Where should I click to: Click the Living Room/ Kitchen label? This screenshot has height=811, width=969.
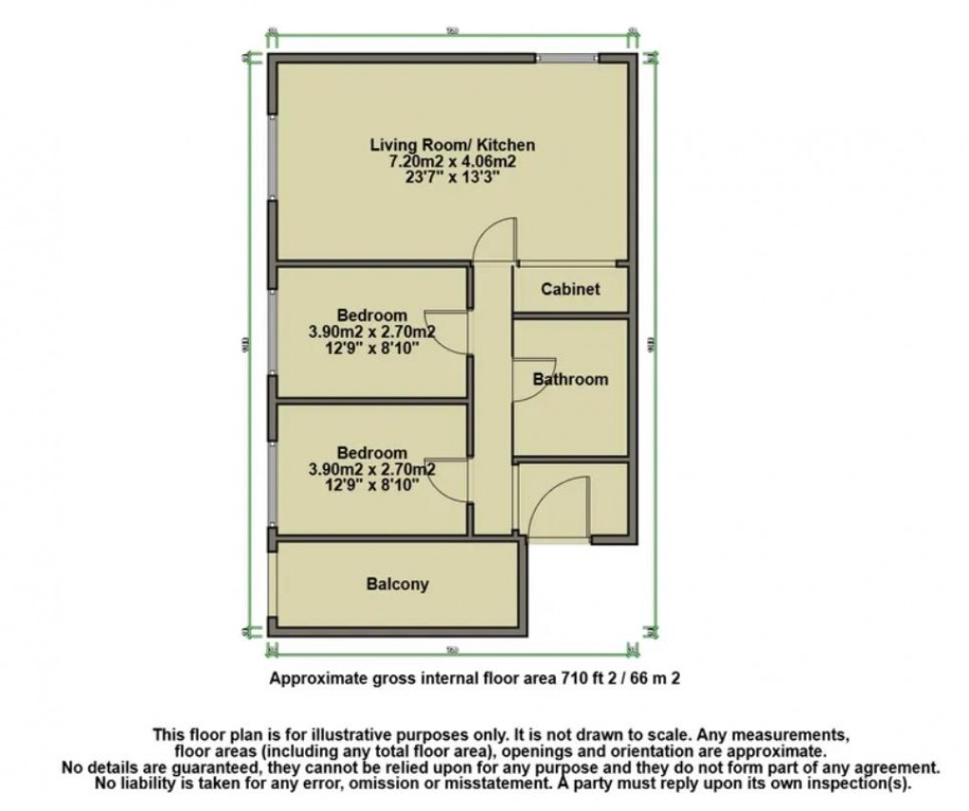tap(452, 145)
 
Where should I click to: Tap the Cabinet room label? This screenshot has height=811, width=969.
tap(570, 290)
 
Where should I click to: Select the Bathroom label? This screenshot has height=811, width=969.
tap(570, 380)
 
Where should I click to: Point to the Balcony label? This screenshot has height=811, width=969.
tap(397, 584)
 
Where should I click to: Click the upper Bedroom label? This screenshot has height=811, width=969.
tap(371, 315)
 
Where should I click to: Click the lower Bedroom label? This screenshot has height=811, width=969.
tap(371, 453)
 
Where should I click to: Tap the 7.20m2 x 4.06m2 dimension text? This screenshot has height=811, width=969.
tap(451, 161)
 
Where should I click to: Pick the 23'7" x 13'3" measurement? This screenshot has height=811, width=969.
tap(451, 178)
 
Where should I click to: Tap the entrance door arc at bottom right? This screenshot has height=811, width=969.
tap(556, 503)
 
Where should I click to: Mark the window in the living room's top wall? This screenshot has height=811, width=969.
tap(567, 59)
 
